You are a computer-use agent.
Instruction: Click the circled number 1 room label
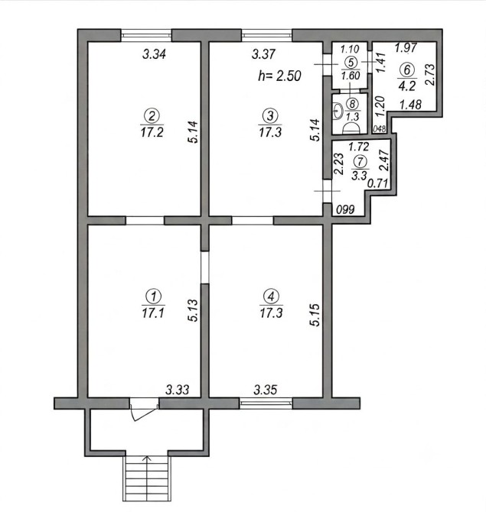153,297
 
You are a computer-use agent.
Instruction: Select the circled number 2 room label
152,115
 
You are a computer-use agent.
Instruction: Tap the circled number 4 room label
271,297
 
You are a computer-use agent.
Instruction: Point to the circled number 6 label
407,70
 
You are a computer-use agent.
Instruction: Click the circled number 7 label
360,161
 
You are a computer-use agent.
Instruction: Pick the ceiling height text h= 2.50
279,76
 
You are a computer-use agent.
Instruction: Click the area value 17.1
153,313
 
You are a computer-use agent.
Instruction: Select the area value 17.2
152,132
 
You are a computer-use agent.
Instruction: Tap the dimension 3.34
154,54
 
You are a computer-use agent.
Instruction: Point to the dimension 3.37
263,54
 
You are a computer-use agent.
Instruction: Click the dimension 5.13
194,310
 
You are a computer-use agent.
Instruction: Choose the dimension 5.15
315,315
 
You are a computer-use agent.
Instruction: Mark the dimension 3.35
266,390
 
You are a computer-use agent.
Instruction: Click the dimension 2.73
430,75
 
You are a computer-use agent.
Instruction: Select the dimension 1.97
406,48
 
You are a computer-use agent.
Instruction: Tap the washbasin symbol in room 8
338,111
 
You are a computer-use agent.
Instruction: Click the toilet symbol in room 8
351,128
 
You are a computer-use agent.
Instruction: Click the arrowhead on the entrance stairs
147,459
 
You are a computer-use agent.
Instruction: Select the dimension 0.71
378,183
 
